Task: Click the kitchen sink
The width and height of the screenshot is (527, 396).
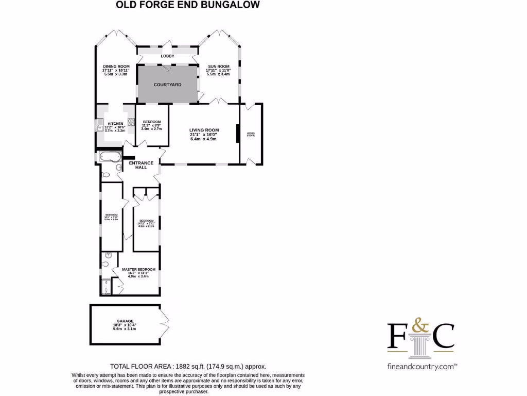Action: [99, 126]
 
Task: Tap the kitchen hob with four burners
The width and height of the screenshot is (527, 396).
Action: [131, 123]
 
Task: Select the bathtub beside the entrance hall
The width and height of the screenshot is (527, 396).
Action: [109, 157]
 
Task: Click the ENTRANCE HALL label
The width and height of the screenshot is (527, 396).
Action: [141, 165]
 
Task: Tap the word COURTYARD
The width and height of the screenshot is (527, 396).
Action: [168, 84]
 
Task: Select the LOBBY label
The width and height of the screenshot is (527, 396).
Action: [167, 56]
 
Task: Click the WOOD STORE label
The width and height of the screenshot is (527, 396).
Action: [251, 135]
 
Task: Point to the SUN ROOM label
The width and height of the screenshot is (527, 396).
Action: [219, 67]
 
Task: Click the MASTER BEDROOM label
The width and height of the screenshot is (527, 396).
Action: [138, 269]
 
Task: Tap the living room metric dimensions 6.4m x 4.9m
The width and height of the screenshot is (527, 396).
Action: [204, 139]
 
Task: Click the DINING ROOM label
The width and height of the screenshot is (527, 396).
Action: [116, 67]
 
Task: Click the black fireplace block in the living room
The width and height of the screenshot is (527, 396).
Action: [237, 133]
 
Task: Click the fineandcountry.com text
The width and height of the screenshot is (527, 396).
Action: [420, 366]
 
